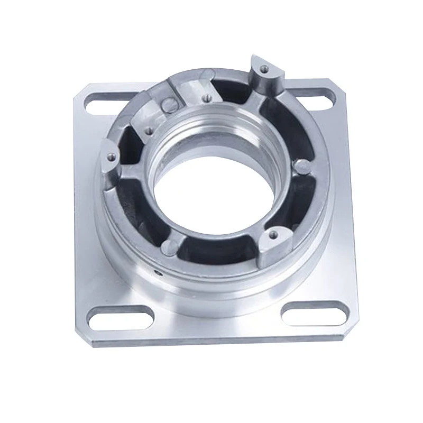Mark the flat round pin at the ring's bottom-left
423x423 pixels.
coord(168,245)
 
